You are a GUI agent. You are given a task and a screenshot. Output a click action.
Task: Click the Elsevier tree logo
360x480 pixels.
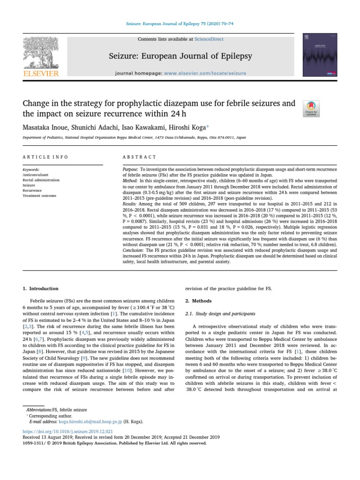click(x=41, y=56)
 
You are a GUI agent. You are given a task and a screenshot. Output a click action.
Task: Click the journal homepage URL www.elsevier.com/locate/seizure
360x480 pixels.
click(x=205, y=74)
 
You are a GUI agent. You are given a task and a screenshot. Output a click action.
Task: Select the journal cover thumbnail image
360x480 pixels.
click(x=315, y=55)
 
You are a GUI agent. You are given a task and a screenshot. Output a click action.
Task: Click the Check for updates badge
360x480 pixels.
click(x=311, y=108)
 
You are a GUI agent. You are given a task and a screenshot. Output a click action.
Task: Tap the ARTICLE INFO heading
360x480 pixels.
click(x=45, y=157)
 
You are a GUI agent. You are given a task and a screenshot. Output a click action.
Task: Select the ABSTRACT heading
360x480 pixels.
click(x=139, y=157)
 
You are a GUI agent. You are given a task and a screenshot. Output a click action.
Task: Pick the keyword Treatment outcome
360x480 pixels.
click(x=39, y=195)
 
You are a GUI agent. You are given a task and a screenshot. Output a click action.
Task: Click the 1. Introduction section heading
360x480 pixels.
click(x=41, y=289)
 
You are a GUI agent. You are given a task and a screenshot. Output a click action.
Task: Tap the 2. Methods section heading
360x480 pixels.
click(x=198, y=301)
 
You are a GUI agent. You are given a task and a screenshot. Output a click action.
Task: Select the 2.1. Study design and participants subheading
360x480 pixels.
click(x=220, y=313)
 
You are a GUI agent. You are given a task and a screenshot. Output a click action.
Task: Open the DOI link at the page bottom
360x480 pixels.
click(x=67, y=431)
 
